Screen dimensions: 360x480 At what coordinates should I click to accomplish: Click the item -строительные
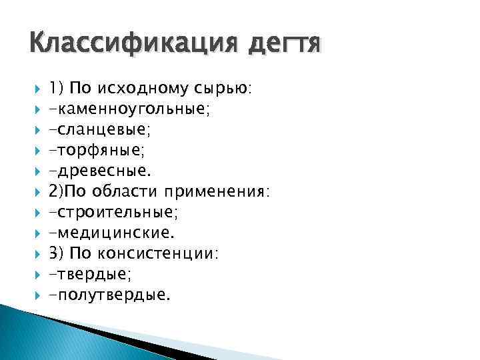111,212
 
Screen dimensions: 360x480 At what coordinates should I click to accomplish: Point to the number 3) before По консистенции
56,253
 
